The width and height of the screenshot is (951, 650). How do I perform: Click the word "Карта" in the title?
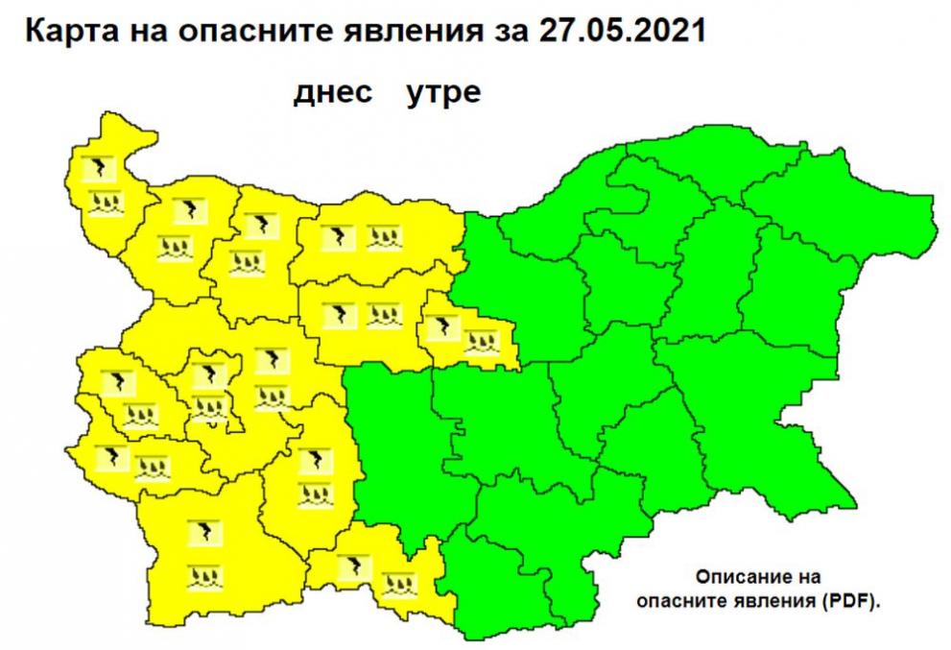point(66,31)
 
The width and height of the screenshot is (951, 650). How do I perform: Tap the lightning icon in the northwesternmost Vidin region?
point(97,169)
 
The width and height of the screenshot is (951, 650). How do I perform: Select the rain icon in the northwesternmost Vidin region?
point(104,202)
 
